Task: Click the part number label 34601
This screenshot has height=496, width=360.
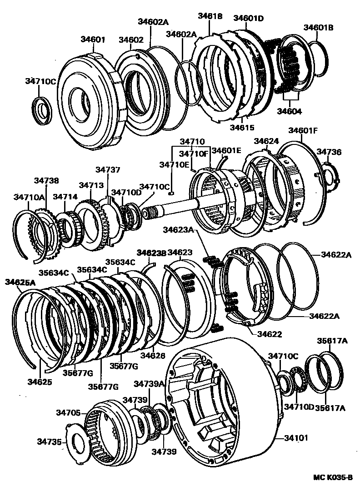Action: (93, 40)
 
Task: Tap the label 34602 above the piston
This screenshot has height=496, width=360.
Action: (131, 40)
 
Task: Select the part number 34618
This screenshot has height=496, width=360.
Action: (210, 16)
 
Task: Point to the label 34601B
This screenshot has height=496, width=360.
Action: (318, 28)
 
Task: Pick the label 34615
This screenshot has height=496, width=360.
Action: (242, 128)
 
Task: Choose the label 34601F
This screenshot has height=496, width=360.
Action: (303, 131)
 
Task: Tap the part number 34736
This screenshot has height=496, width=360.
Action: (329, 152)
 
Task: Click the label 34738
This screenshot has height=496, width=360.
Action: (46, 180)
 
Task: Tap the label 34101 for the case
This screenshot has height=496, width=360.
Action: (296, 438)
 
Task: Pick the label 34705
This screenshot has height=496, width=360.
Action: (69, 412)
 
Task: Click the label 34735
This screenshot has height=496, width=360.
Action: (50, 441)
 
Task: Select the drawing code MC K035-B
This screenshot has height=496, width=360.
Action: (333, 477)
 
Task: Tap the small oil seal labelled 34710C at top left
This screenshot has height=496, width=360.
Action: (43, 109)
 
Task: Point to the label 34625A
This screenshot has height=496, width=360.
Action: (20, 282)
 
